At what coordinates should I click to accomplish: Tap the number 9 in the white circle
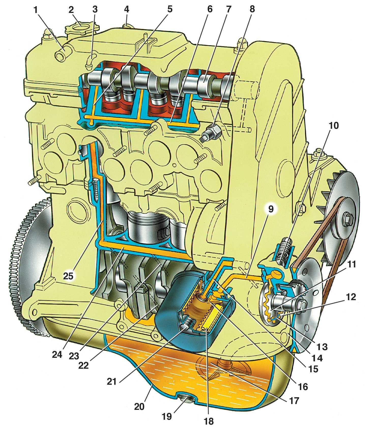[271, 209]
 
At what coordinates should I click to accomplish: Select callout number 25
[68, 276]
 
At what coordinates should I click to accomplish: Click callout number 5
[170, 9]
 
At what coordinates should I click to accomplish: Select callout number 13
[321, 347]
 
